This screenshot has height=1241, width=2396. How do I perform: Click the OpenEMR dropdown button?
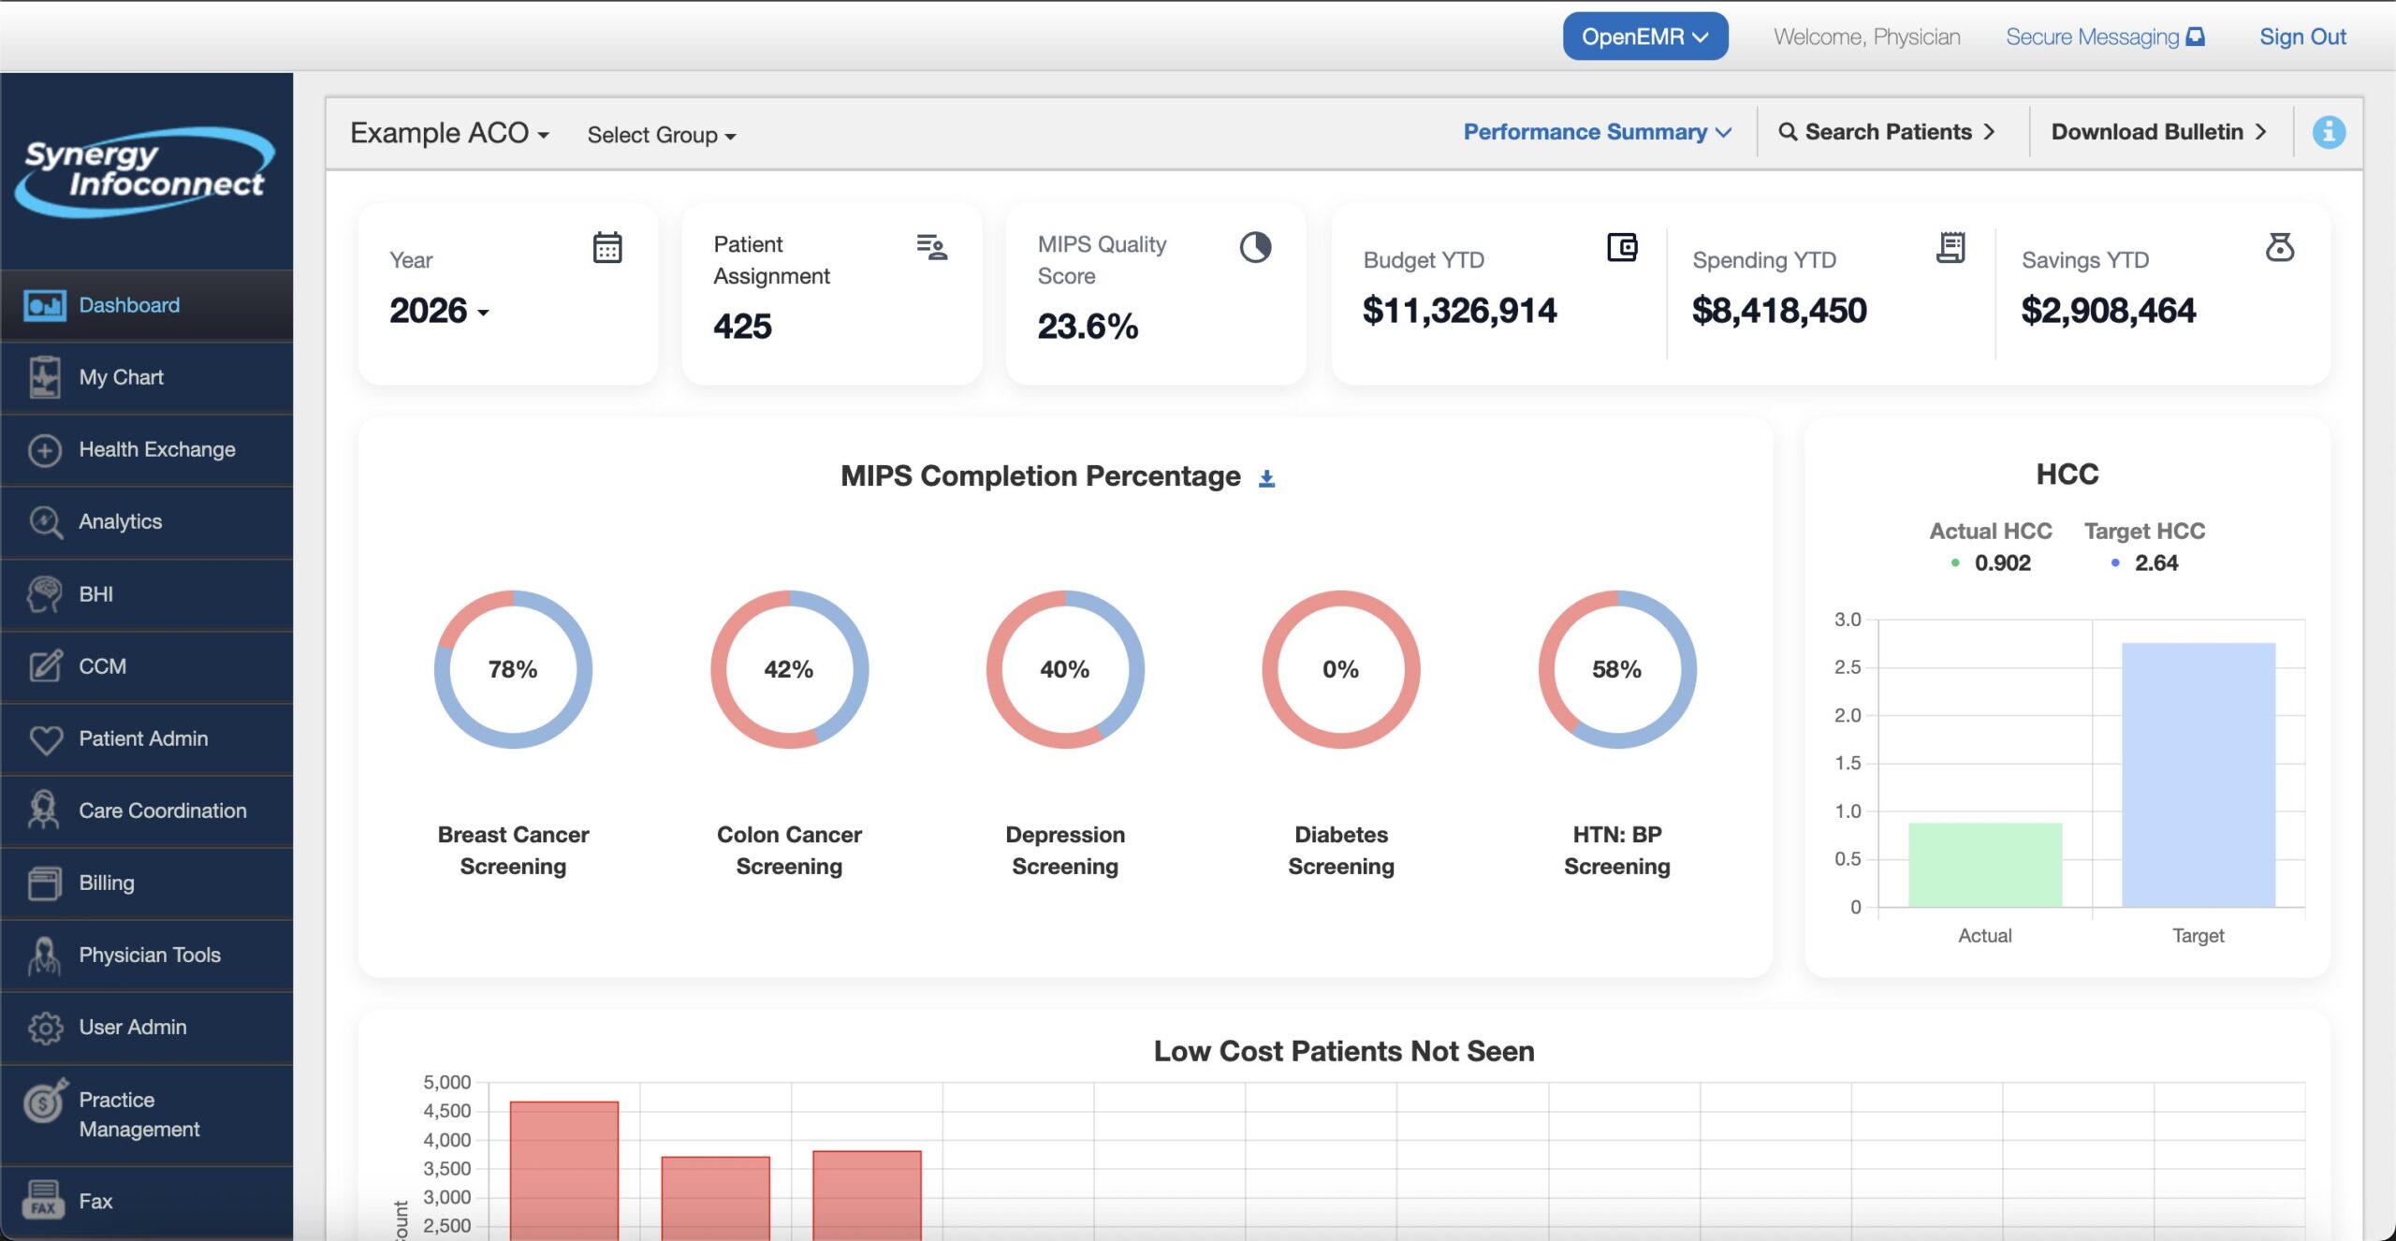coord(1644,36)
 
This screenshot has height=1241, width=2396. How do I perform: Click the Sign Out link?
coord(2301,36)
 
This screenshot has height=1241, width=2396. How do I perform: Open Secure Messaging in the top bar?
coord(2104,36)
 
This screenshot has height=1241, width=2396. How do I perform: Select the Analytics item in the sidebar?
coord(120,521)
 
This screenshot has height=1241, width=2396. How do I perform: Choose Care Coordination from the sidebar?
coord(162,810)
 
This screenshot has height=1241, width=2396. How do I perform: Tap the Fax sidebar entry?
coord(95,1201)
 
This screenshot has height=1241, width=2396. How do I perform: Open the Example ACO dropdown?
coord(449,134)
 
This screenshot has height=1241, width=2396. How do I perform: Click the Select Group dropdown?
coord(661,135)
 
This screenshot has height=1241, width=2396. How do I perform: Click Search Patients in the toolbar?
coord(1887,132)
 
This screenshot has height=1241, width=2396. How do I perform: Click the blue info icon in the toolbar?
coord(2328,132)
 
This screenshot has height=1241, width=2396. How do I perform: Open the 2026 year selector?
coord(439,311)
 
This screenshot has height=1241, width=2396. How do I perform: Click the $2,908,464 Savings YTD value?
coord(2108,311)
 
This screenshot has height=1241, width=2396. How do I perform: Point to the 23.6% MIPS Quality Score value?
coord(1087,327)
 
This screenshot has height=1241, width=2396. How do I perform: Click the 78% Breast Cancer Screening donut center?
coord(513,669)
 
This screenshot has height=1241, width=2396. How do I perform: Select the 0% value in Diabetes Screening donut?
coord(1340,669)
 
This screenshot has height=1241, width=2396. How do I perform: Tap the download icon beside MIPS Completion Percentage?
coord(1266,478)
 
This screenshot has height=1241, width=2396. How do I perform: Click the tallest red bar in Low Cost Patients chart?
coord(564,1170)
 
